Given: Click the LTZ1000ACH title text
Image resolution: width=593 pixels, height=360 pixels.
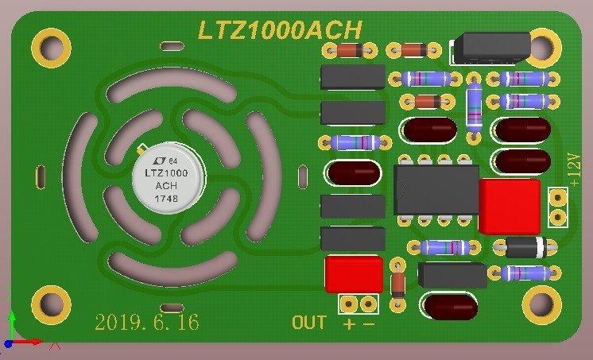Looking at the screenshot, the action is [x=280, y=30].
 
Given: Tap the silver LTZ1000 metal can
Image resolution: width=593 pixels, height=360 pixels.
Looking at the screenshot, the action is [x=168, y=178].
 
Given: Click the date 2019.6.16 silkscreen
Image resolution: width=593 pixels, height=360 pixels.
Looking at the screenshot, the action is [x=147, y=323].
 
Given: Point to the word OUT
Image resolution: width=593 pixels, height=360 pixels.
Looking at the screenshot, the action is [x=309, y=323].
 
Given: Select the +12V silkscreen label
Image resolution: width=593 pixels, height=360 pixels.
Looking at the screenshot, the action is [x=574, y=170].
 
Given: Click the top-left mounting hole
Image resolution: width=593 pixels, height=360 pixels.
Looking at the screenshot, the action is [x=51, y=48].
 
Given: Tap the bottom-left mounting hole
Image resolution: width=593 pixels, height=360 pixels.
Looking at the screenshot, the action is [x=51, y=305].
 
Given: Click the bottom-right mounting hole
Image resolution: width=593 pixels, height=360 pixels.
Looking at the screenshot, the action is [x=542, y=305].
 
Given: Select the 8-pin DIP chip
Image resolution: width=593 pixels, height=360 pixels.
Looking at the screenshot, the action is [x=436, y=190].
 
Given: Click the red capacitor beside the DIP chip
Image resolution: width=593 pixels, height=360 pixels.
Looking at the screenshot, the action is [x=510, y=207].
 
